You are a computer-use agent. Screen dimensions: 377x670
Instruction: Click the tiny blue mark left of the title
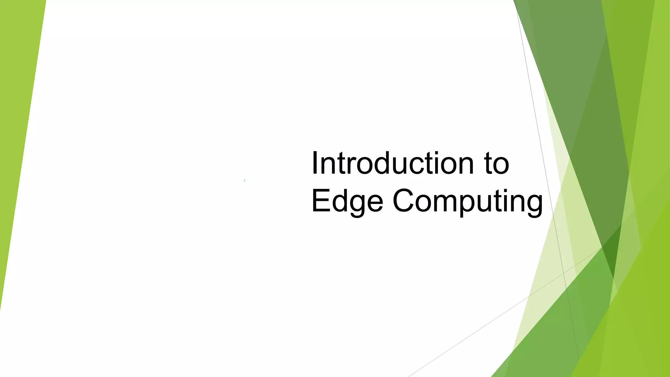244,180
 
